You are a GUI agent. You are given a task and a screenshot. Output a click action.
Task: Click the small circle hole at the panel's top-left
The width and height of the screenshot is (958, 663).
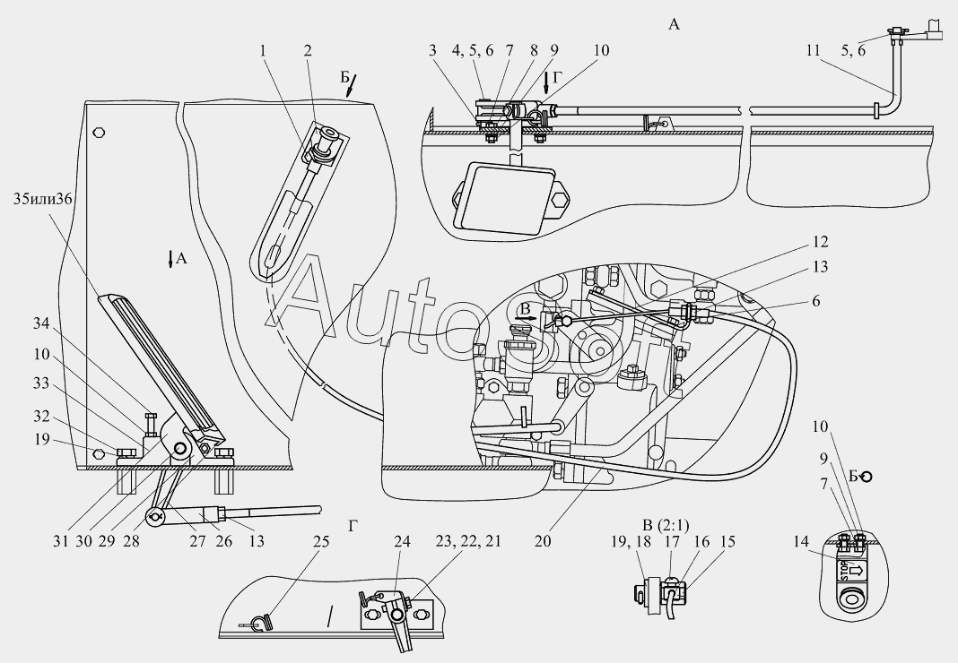[x=99, y=132]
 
